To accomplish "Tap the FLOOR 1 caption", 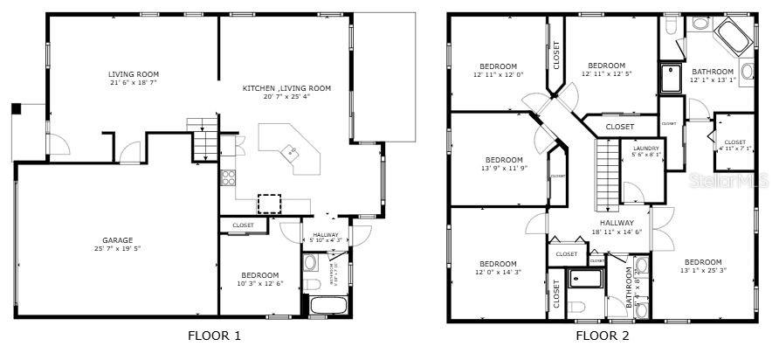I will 214,335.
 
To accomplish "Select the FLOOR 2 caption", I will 602,335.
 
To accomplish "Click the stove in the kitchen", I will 229,177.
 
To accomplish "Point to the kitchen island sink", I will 293,152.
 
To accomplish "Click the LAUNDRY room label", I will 646,149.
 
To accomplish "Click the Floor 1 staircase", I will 204,141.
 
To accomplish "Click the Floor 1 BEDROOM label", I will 260,275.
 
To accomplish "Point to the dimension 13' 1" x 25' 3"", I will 703,271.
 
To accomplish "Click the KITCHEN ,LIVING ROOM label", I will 286,87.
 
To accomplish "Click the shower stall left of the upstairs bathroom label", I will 671,78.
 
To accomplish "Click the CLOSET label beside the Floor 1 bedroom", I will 243,225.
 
